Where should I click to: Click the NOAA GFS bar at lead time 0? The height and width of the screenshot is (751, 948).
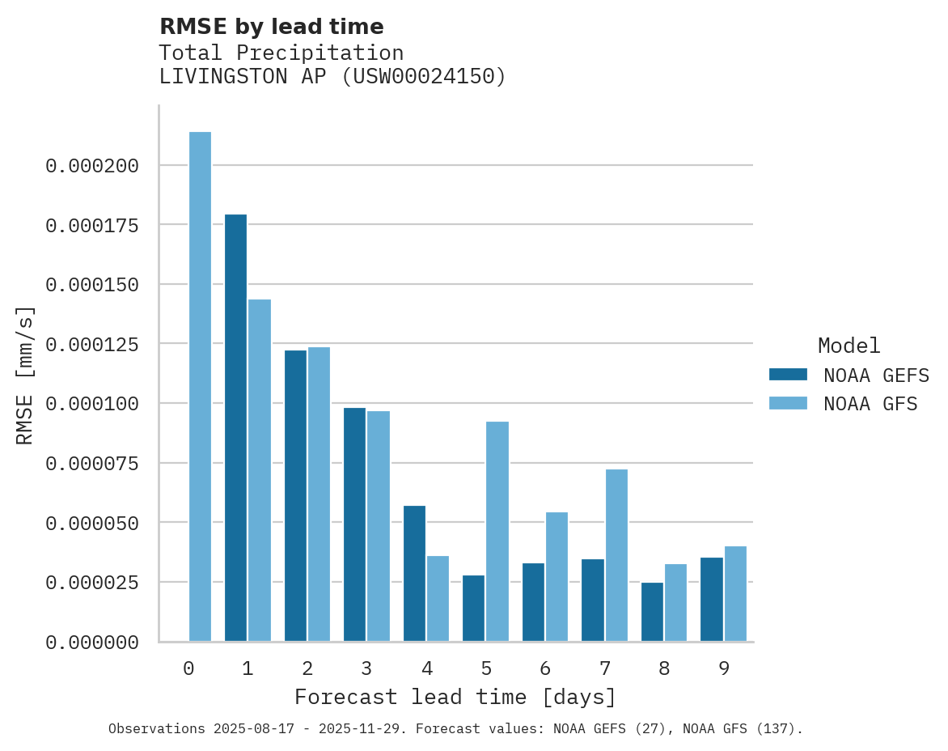[200, 387]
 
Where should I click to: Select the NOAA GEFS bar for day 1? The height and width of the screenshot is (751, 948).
[235, 428]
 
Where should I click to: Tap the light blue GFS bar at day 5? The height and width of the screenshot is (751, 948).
[497, 532]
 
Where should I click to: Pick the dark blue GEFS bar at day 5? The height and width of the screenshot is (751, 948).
[473, 609]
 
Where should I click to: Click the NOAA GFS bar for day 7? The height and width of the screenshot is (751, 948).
[616, 555]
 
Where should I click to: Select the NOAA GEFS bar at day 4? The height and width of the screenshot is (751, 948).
[414, 574]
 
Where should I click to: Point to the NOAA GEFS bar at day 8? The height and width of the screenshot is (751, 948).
[652, 612]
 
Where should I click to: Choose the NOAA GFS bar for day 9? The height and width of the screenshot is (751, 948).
[735, 594]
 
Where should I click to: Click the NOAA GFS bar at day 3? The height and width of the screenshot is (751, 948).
[379, 526]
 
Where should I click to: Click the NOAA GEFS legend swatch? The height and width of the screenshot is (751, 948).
[788, 375]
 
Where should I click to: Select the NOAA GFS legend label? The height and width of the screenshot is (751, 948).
[870, 404]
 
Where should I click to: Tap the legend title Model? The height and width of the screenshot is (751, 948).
[849, 346]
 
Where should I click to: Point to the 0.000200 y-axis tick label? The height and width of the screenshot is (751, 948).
[92, 166]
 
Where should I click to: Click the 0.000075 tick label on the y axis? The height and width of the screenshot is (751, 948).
[92, 464]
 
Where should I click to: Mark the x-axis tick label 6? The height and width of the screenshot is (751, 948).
[545, 669]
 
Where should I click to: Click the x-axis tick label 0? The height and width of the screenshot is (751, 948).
[188, 669]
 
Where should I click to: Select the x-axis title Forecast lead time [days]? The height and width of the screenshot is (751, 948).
[455, 698]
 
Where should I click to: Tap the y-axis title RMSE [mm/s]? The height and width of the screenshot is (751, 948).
[26, 375]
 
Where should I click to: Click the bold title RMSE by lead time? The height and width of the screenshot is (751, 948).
[271, 27]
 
